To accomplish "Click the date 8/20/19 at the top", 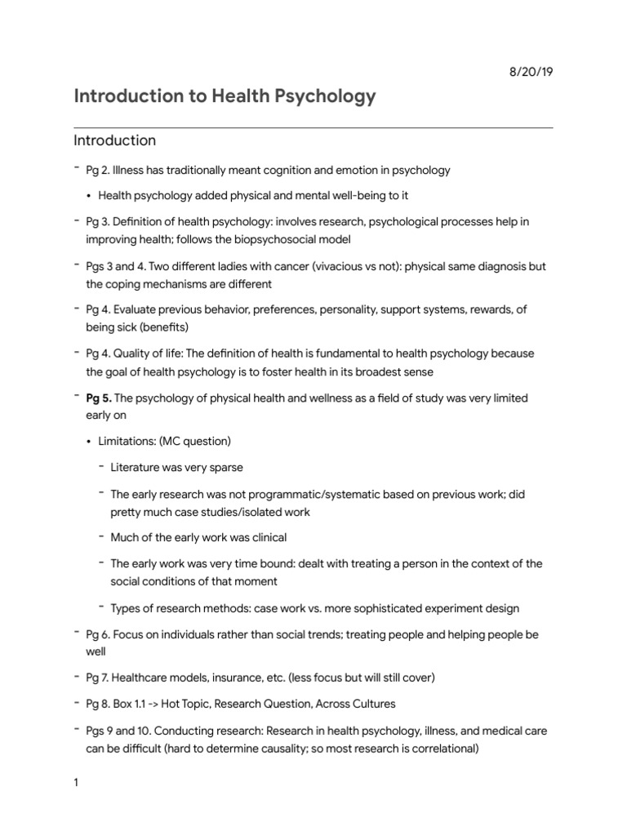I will pos(531,72).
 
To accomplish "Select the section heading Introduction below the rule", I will pos(114,140).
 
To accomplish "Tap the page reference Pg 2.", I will pos(97,171).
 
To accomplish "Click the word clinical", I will pos(261,537).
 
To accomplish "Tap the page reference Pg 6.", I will pos(97,634).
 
